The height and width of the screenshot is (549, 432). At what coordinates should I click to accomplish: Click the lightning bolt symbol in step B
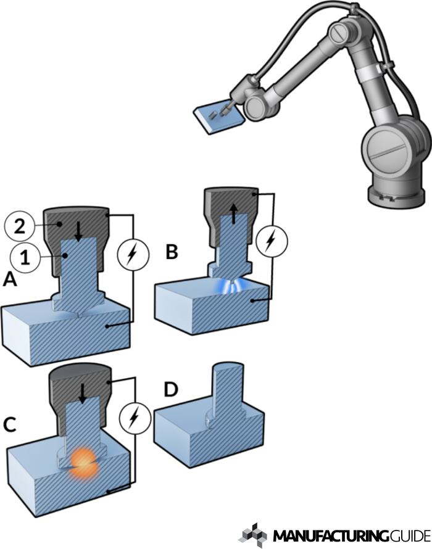(x=270, y=239)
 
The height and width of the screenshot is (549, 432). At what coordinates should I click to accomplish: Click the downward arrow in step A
(x=78, y=231)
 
